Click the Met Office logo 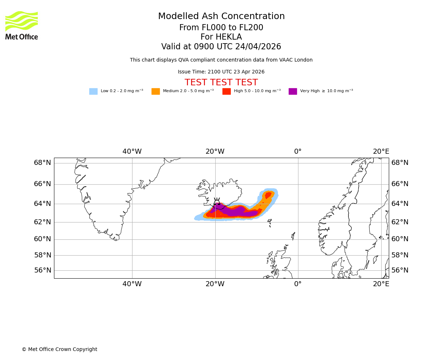coord(22,25)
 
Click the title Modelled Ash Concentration coord(221,17)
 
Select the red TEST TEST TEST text coord(221,83)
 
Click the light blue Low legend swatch coord(93,91)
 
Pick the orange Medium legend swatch coord(156,91)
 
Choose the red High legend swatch coord(226,91)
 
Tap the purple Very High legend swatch coord(293,91)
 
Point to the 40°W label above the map coord(132,152)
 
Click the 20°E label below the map coord(381,284)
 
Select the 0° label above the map coord(298,152)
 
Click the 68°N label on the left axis coord(42,163)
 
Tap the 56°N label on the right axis coord(400,270)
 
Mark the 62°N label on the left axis coord(42,222)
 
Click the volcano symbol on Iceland coord(217,202)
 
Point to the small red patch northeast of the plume coord(268,195)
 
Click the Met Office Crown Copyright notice coord(59,350)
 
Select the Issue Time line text coord(221,72)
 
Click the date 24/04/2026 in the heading coord(258,47)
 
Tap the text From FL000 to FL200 coord(221,28)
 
